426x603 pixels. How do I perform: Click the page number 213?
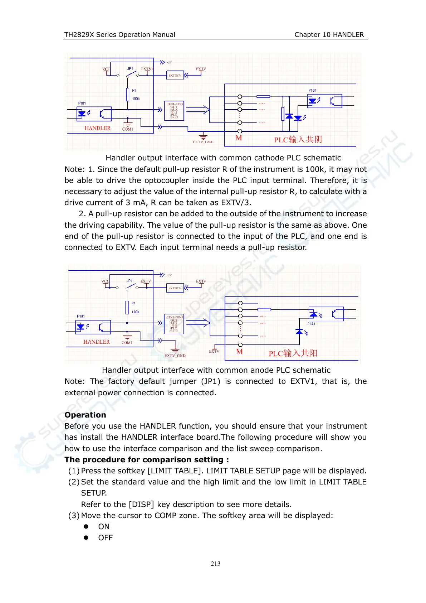click(x=215, y=564)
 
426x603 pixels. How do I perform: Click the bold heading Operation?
click(x=85, y=415)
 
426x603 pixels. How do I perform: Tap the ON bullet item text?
click(x=104, y=526)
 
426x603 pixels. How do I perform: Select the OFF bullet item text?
click(x=105, y=537)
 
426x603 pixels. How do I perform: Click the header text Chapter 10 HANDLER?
click(x=329, y=34)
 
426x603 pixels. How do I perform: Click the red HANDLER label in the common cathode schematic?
click(x=97, y=128)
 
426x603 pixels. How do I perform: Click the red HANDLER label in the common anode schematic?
click(x=96, y=342)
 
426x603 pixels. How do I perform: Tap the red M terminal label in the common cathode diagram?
click(x=239, y=138)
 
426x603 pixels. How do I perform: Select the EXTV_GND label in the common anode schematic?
click(x=175, y=356)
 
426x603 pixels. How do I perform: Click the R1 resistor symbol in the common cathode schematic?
click(x=127, y=95)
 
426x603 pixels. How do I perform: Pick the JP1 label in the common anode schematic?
click(x=129, y=281)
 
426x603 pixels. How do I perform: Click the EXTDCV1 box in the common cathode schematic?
click(x=175, y=75)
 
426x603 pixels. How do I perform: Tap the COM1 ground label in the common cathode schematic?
click(x=127, y=129)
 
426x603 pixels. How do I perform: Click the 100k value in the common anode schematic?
click(x=135, y=312)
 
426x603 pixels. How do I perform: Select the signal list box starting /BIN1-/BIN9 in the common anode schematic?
click(x=174, y=324)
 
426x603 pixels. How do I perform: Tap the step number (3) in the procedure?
click(x=74, y=515)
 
